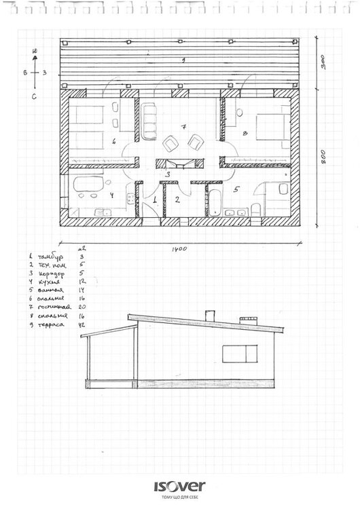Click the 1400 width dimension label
[179, 249]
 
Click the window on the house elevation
[240, 354]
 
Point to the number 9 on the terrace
[183, 61]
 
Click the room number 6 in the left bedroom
[114, 141]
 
